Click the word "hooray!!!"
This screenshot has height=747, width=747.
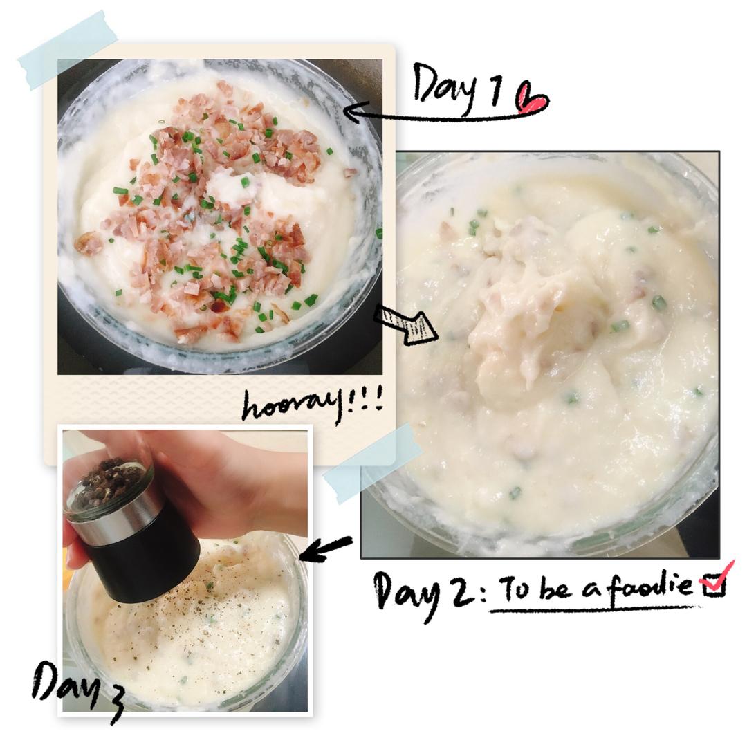[x=312, y=406]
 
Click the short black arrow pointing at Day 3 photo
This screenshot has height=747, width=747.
[x=326, y=548]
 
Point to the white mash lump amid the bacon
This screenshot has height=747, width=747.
[x=230, y=187]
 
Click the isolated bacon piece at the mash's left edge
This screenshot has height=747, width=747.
[x=88, y=242]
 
